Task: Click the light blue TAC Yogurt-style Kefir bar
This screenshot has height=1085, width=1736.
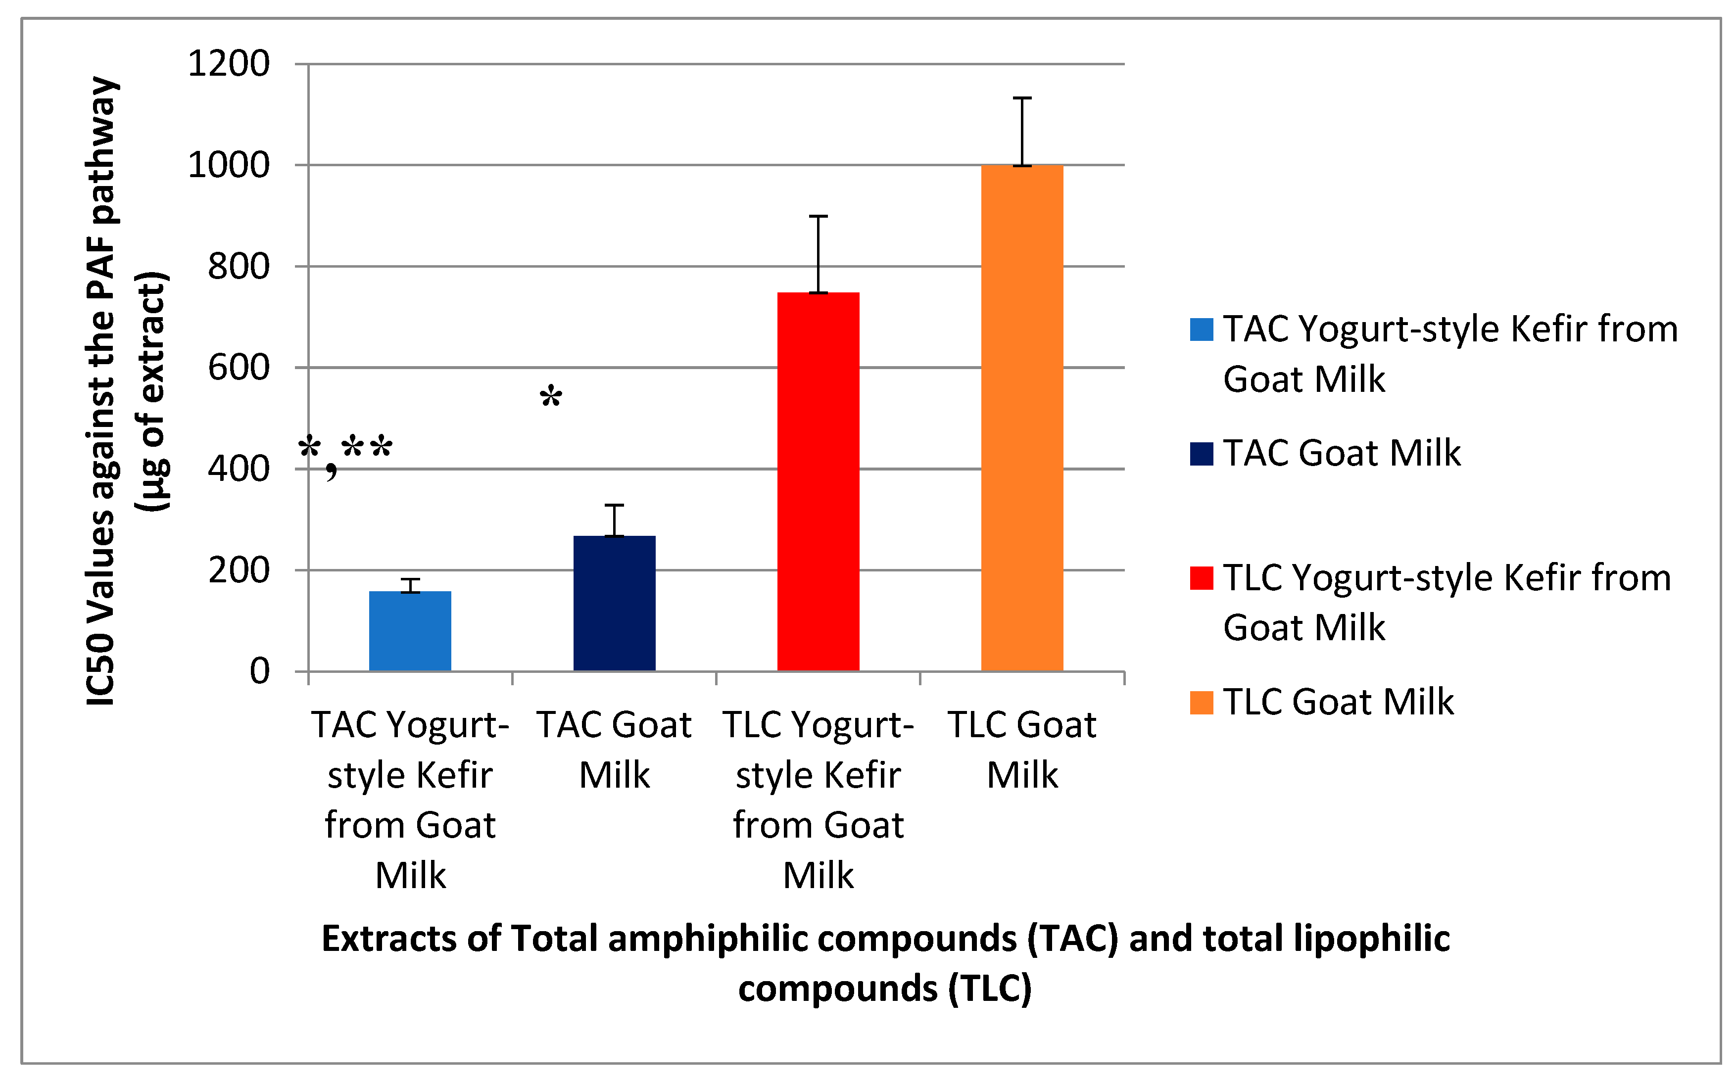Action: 410,631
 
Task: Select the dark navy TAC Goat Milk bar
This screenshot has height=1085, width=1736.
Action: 614,604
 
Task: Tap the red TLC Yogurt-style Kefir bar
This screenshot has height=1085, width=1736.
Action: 818,481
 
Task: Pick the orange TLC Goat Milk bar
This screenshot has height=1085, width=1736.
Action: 1022,419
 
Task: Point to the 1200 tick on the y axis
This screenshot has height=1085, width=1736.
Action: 228,63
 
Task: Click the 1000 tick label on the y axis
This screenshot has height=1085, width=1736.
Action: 228,165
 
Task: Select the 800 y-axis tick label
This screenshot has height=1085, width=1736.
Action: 238,266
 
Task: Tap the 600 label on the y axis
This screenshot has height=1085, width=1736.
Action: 238,368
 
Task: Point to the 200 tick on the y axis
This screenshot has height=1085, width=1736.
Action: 238,570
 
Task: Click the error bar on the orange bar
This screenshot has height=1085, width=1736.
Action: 1022,131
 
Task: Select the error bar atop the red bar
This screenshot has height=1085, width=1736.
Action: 818,254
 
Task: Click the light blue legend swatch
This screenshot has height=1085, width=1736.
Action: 1202,330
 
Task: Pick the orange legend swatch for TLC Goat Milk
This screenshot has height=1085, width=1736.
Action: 1202,703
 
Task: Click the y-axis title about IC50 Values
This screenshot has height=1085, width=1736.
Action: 126,391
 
